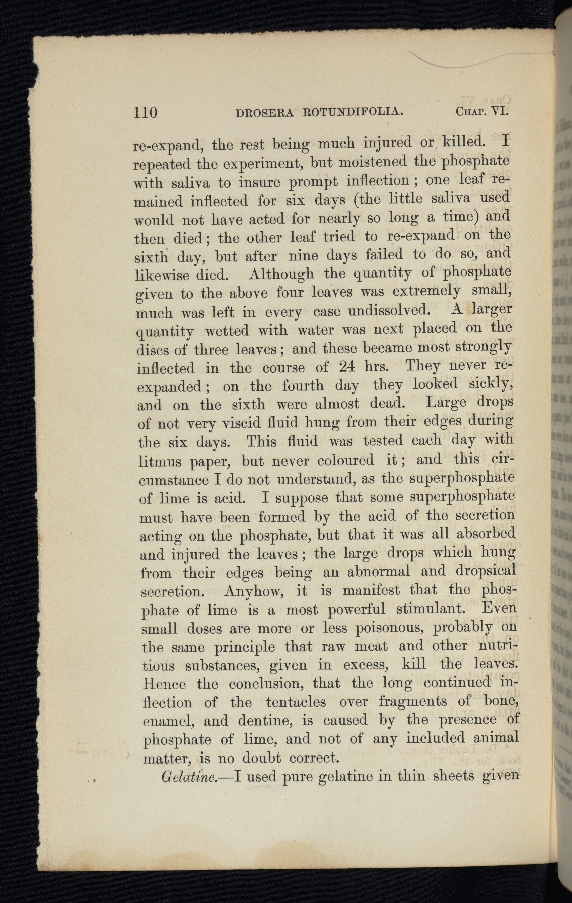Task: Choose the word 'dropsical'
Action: click(486, 571)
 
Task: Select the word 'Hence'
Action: click(164, 684)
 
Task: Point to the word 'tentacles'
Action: click(296, 702)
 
